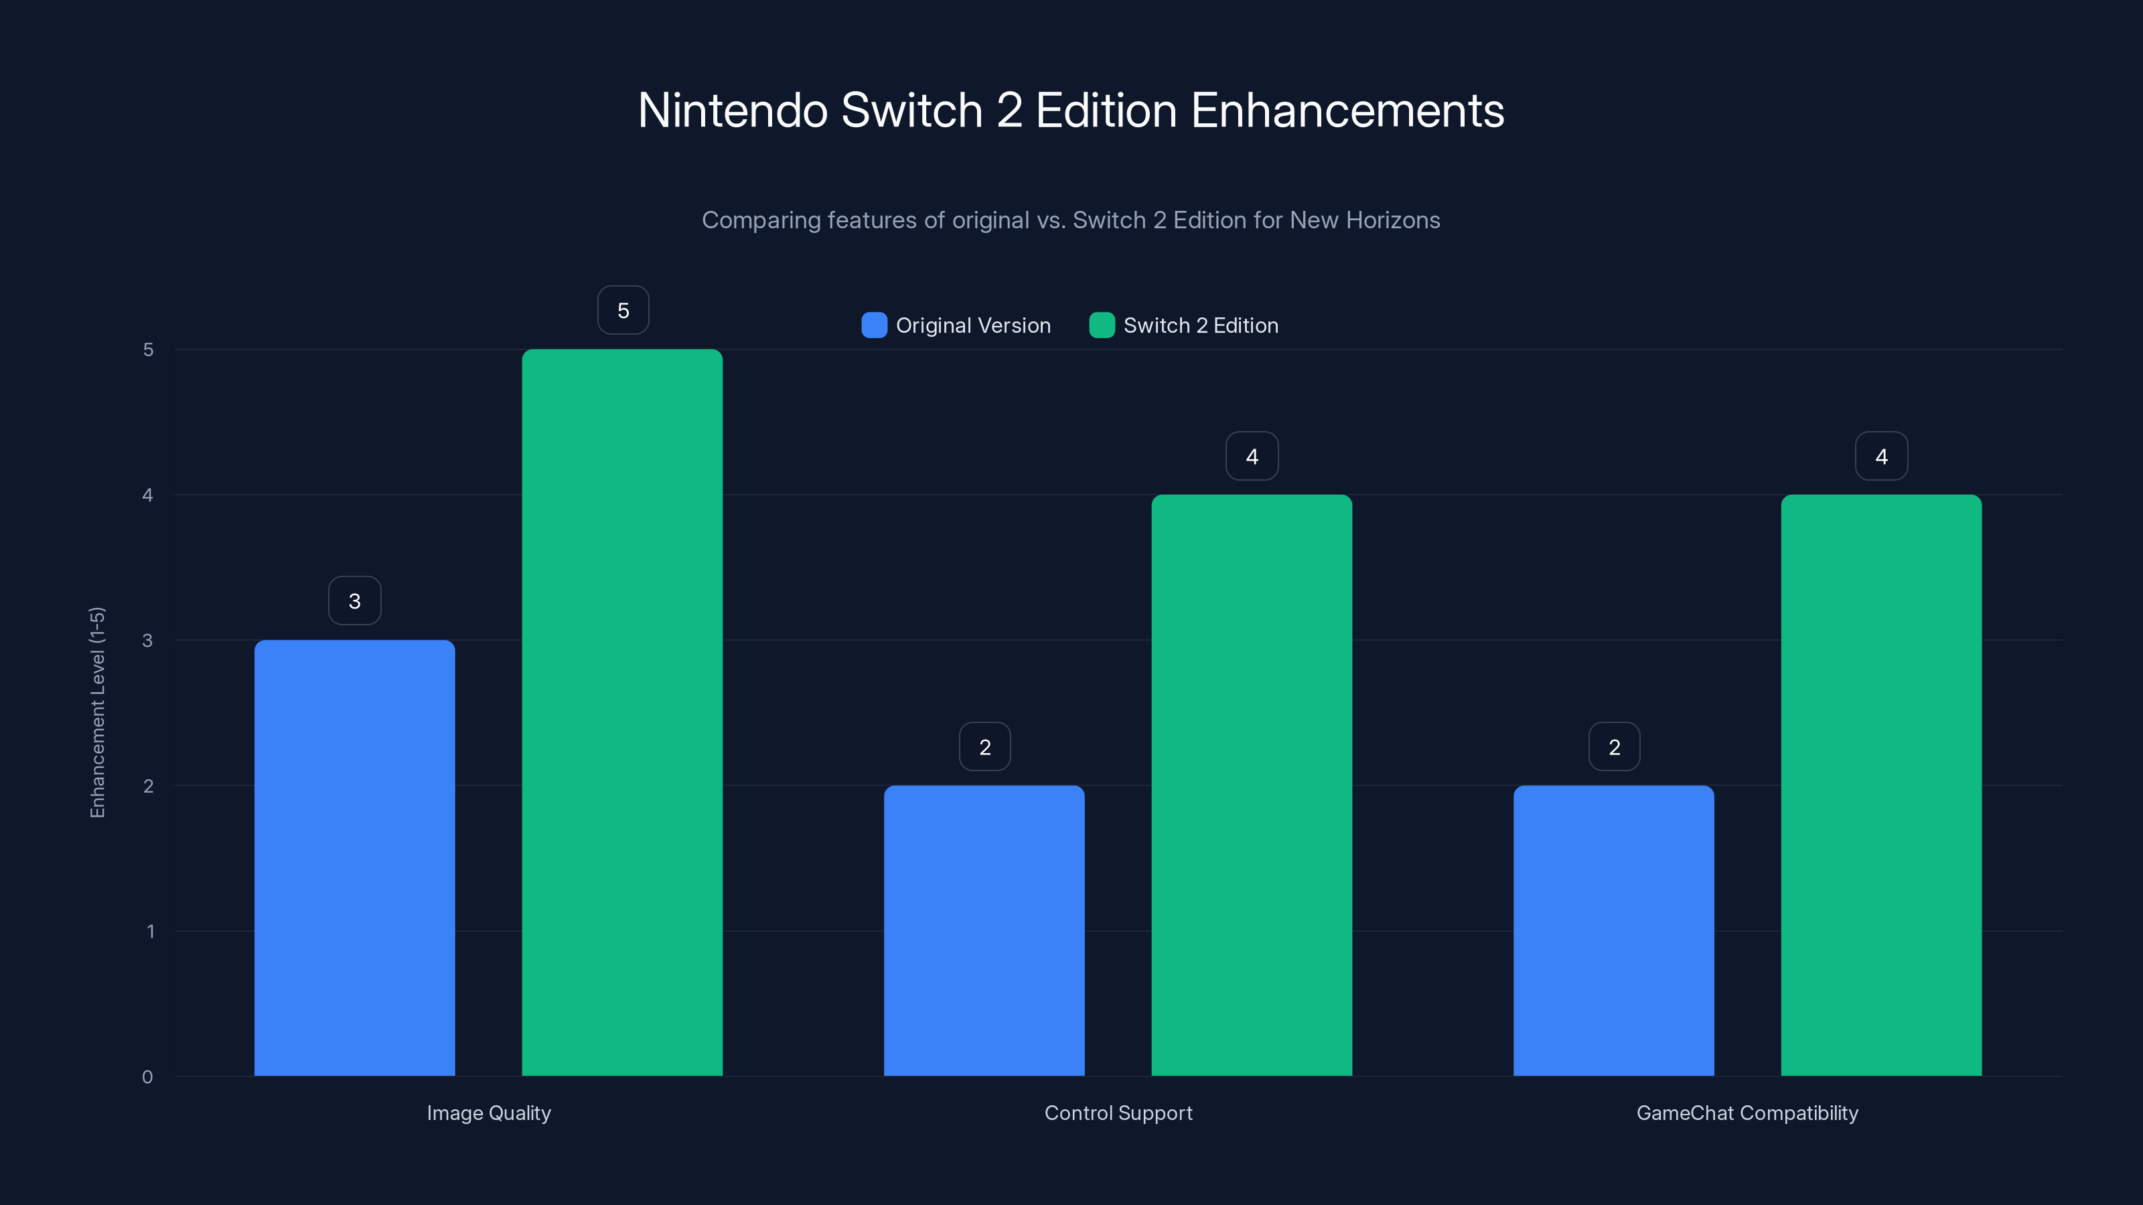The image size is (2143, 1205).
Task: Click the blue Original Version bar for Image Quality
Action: click(354, 858)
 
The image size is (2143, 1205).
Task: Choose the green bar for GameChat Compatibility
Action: click(1881, 785)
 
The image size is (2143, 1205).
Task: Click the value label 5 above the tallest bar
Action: click(623, 310)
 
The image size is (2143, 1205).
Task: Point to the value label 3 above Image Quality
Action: click(354, 600)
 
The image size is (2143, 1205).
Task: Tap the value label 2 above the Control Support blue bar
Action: click(985, 747)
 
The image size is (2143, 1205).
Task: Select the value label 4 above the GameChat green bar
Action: click(1882, 456)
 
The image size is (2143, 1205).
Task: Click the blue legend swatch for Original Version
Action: click(875, 325)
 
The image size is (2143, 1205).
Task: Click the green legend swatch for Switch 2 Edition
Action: click(1102, 325)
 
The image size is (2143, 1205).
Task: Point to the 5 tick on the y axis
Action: click(148, 349)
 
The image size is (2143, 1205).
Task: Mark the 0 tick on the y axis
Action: click(147, 1077)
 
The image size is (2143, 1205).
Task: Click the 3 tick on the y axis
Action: click(147, 641)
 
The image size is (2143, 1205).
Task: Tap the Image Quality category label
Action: click(488, 1113)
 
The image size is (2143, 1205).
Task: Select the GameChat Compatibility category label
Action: click(1747, 1113)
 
